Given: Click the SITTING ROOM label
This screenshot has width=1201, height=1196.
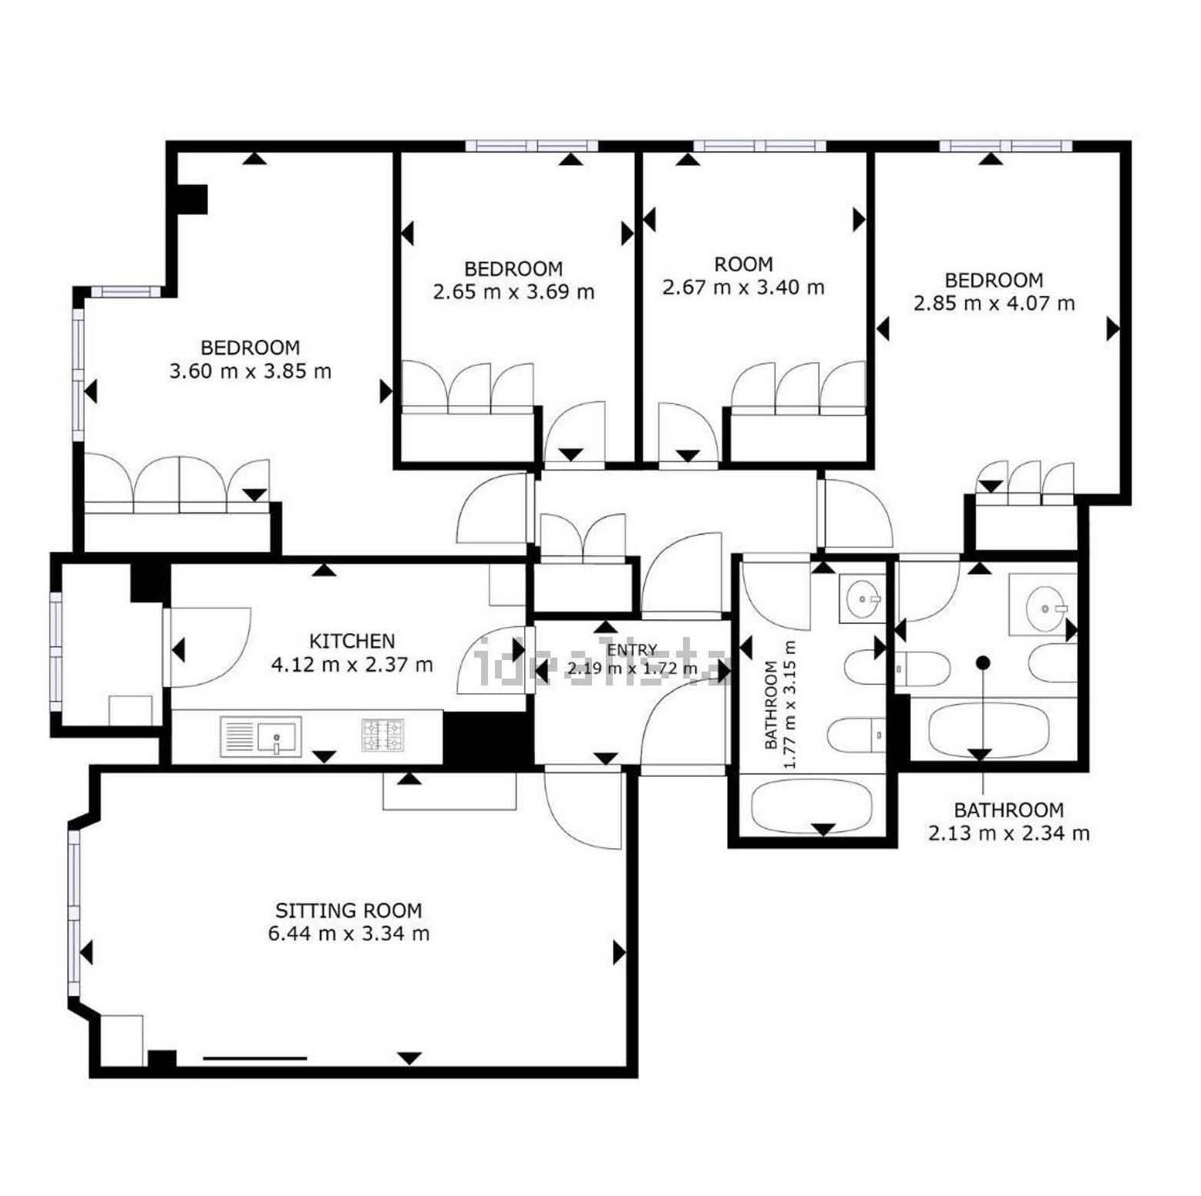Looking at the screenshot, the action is coord(348,911).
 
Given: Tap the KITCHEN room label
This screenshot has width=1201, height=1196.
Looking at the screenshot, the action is coord(352,641).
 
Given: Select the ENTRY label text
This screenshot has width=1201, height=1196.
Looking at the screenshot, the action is coord(632,650).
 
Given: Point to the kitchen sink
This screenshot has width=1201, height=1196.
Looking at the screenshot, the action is coord(261,736).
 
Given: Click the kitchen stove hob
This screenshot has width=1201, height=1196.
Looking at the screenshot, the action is coord(383,735).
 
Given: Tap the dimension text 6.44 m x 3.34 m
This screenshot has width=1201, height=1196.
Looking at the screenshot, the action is coord(348,934).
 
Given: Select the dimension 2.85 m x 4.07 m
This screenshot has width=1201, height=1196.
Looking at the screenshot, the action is coord(994,303).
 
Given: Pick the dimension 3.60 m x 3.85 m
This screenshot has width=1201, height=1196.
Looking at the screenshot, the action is coord(250,372).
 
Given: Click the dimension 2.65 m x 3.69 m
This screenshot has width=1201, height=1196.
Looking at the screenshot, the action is coord(513,292).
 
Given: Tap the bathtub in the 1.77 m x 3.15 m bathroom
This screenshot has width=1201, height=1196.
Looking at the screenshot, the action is coord(812,804).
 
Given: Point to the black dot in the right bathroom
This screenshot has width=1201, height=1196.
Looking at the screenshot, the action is coord(982,662).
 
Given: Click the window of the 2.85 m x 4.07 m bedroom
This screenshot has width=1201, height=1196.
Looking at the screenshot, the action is coord(1005,146).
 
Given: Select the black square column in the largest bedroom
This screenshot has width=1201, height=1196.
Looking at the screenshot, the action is coord(192,199).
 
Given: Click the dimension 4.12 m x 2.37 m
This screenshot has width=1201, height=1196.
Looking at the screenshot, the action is coord(352,665).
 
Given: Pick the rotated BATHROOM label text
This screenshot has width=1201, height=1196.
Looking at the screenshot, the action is coord(770,706).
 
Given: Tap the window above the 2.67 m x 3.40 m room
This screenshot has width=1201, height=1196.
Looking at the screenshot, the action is coord(759,146).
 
